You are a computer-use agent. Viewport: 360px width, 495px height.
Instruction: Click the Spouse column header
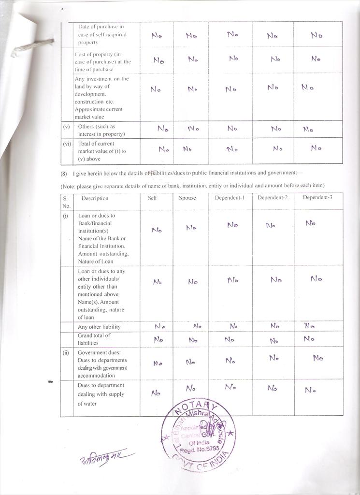point(187,198)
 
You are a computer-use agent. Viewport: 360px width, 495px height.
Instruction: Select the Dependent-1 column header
point(230,197)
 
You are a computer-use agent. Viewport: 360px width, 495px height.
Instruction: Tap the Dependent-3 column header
point(317,197)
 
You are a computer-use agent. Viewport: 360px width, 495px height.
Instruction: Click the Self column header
point(152,198)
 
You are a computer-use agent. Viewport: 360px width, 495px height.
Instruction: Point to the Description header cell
point(95,198)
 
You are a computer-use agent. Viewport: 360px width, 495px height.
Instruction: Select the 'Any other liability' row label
point(99,327)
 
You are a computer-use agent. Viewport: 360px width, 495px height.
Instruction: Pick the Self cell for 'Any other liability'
point(160,326)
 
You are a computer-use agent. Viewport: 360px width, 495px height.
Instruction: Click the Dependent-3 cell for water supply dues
point(310,390)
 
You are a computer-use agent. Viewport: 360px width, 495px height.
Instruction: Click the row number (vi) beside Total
point(67,144)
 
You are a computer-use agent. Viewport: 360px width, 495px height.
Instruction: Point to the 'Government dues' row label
point(102,364)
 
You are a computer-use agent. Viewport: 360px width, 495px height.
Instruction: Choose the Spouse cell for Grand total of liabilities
point(193,340)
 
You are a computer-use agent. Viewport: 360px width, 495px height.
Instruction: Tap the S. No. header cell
point(66,202)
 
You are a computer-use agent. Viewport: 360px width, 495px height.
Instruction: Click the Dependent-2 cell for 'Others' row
point(276,129)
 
